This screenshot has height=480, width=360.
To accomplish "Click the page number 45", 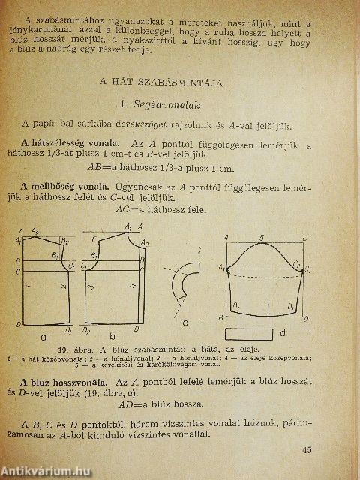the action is pos(327,449).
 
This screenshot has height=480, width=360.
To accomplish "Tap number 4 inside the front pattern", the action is pos(132,284).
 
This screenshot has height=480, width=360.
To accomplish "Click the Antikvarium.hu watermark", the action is pos(46,470).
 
